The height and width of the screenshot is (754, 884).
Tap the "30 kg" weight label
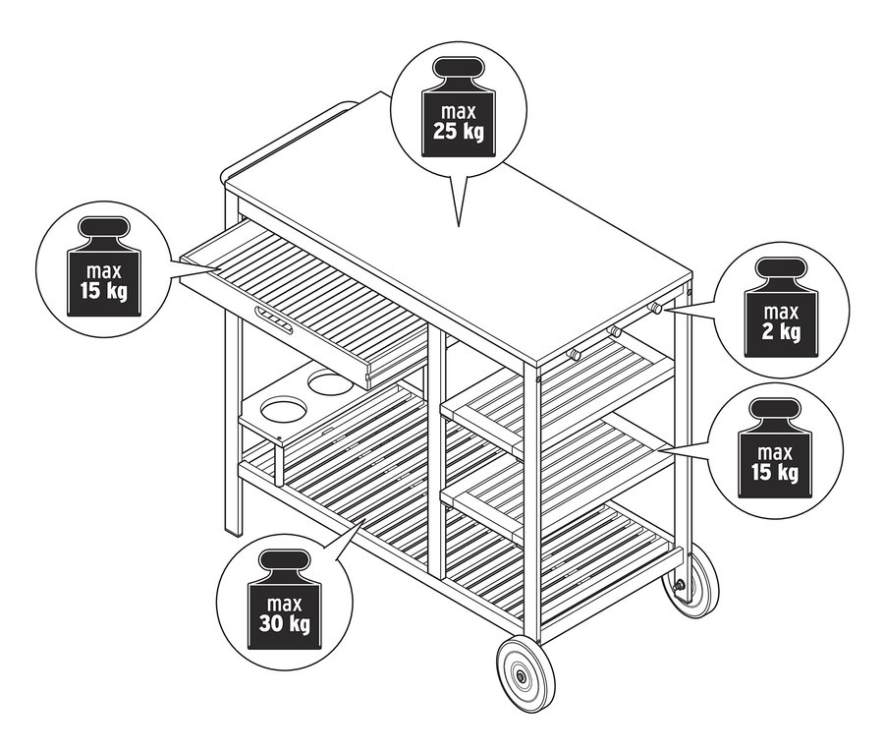(x=283, y=623)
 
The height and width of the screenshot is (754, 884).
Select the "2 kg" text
(x=781, y=331)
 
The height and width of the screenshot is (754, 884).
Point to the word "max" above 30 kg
(x=283, y=602)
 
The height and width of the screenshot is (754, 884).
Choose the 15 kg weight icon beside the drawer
(x=105, y=269)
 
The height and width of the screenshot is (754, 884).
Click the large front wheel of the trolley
(x=525, y=675)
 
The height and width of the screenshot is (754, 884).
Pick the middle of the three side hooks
(x=615, y=329)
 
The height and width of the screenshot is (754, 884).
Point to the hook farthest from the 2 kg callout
(x=576, y=351)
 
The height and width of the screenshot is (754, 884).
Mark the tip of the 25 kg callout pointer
(x=458, y=225)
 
